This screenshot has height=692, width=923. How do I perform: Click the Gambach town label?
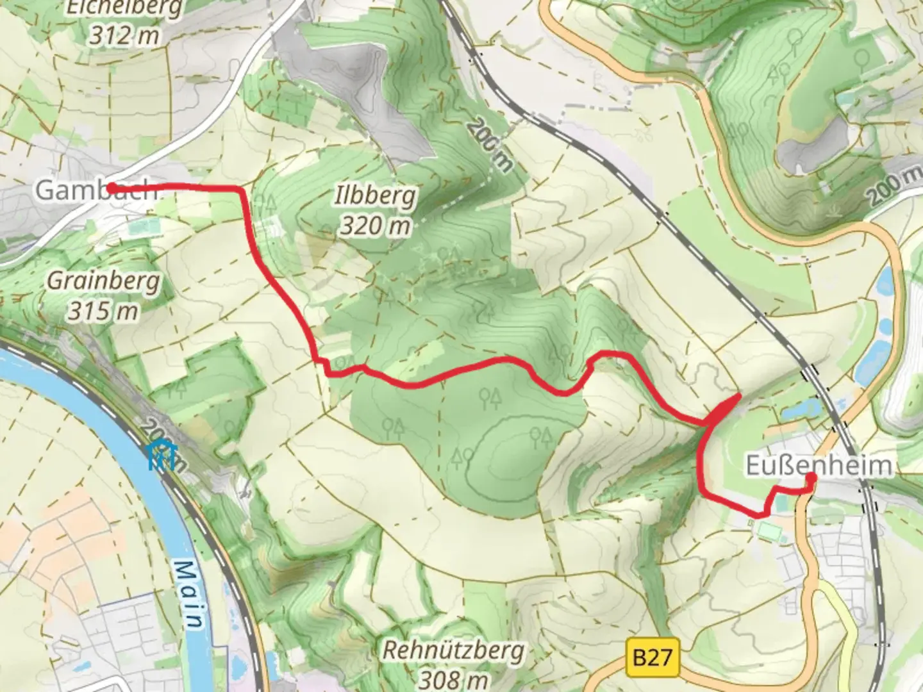(x=96, y=190)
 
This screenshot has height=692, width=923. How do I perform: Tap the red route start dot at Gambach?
(x=111, y=187)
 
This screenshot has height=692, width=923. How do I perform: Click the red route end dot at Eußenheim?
(x=810, y=477)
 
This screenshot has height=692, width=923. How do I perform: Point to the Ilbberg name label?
(x=375, y=196)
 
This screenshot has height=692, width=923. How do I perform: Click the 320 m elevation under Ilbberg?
(x=375, y=225)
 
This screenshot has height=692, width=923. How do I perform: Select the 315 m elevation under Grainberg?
(x=103, y=311)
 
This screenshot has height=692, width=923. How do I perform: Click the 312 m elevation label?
(x=124, y=35)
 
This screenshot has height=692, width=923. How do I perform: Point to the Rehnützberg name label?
(x=453, y=650)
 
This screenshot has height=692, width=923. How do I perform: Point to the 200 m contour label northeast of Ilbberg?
(x=490, y=145)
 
